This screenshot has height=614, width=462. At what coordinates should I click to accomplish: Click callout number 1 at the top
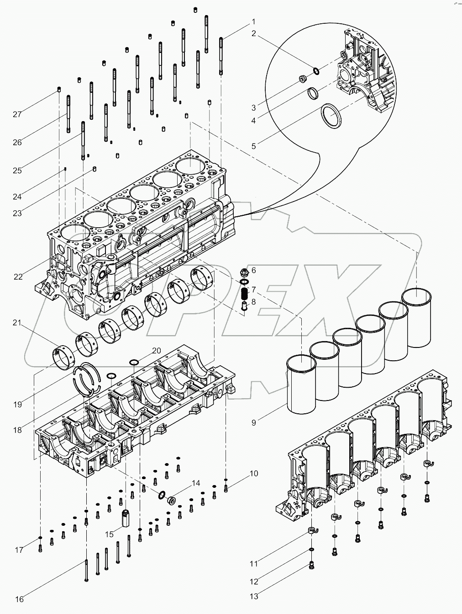[253, 21]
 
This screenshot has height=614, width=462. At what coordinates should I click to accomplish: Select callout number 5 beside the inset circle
[254, 146]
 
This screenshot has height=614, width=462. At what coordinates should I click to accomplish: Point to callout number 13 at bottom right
[254, 596]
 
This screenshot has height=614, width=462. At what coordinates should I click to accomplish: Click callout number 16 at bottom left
[19, 599]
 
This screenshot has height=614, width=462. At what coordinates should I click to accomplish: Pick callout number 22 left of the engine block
[18, 277]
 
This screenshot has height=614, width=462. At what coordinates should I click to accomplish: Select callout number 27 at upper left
[17, 114]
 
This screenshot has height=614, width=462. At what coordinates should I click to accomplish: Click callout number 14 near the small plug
[196, 483]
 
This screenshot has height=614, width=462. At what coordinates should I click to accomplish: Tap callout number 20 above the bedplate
[156, 351]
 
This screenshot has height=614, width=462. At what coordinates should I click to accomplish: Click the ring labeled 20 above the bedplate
[134, 363]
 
